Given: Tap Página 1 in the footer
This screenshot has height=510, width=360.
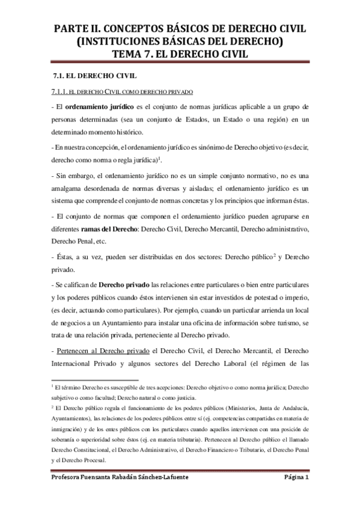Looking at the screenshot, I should tap(296, 478).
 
